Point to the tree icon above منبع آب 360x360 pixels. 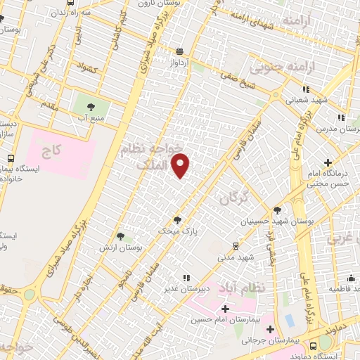(x=90, y=107)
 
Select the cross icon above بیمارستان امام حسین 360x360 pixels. (x=225, y=309)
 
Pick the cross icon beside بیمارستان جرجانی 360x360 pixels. (x=271, y=328)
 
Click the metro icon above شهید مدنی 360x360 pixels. (x=236, y=245)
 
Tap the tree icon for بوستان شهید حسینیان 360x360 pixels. (x=277, y=210)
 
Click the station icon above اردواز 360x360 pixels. (x=181, y=51)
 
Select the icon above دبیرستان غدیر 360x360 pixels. (x=186, y=277)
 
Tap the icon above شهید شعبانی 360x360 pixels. (x=305, y=89)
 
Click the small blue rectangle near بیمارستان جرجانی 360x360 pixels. (x=289, y=320)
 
